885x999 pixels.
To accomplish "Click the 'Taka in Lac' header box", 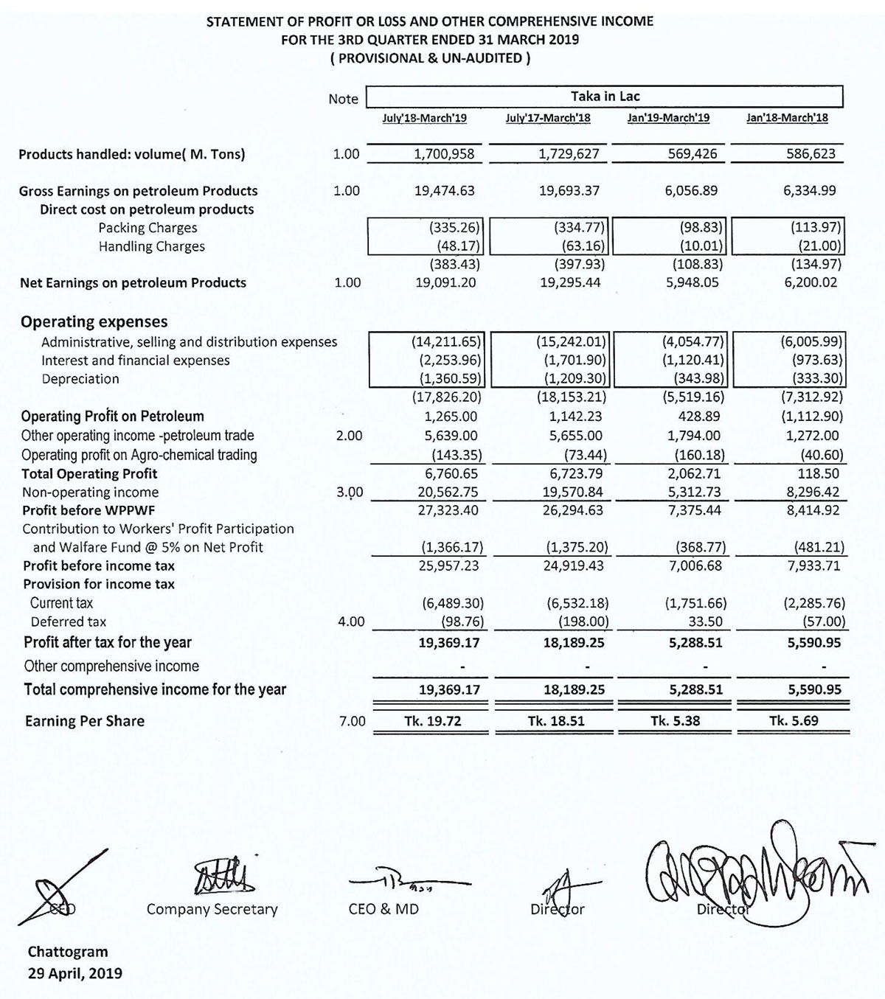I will [605, 97].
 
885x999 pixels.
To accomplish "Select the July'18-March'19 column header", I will [424, 118].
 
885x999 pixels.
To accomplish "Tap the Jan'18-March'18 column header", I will [787, 118].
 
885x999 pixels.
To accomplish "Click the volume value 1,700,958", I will [445, 154].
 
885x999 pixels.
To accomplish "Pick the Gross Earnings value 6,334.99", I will [810, 190].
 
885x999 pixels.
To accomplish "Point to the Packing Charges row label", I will [147, 228].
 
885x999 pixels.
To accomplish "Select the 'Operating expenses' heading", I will [94, 321].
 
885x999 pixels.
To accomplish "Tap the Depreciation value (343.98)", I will [699, 379].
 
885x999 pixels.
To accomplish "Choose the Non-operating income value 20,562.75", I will [447, 492].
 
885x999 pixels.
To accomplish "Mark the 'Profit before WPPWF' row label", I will [88, 510].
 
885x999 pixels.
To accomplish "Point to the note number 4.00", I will [351, 622].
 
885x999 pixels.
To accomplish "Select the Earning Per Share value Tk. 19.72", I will [433, 721].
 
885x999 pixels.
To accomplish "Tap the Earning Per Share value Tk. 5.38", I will [675, 721].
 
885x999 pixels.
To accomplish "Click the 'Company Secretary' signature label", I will [212, 909].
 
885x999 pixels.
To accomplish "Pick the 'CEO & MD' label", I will [383, 909].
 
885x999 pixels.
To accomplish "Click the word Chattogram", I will [68, 952].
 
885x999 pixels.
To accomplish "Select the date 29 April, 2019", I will [75, 973].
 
